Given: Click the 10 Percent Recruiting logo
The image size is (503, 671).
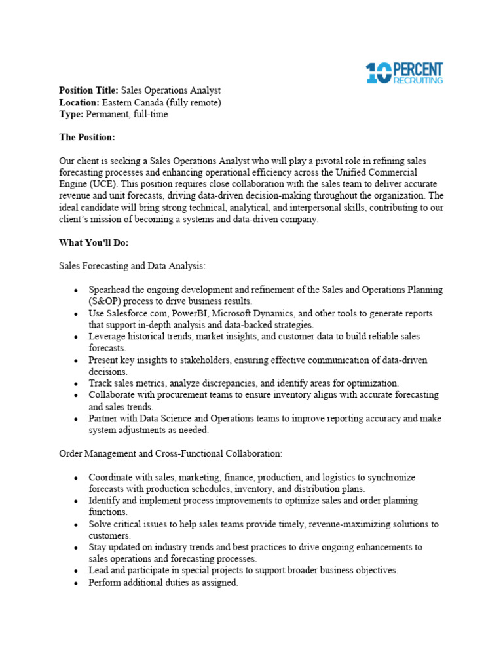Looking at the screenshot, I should [x=404, y=73].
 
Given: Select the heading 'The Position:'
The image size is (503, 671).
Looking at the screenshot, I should [x=87, y=138].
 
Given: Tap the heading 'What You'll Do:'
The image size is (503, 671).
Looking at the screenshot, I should [x=94, y=243].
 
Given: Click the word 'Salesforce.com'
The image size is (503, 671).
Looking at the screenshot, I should [x=137, y=313].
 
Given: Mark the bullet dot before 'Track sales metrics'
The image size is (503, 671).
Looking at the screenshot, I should [x=77, y=383].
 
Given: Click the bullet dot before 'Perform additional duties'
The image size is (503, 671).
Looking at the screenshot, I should [x=77, y=583].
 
